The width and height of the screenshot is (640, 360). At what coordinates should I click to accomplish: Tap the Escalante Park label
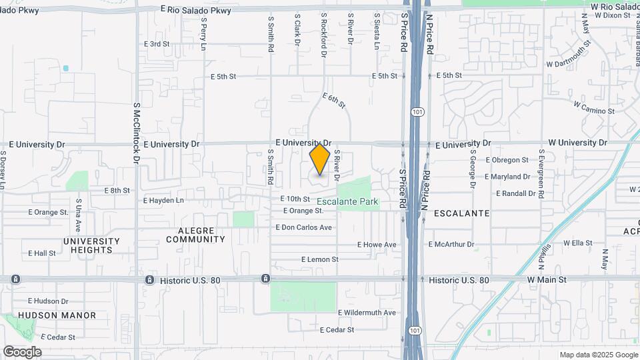click(347, 201)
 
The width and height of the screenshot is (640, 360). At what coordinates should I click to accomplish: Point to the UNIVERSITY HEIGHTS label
click(91, 245)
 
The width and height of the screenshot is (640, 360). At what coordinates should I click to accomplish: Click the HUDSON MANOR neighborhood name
click(57, 315)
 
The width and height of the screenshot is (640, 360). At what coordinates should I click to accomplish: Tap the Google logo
click(22, 352)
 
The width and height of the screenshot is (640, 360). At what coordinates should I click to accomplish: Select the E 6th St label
click(334, 101)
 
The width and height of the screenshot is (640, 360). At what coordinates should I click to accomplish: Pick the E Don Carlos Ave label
click(304, 227)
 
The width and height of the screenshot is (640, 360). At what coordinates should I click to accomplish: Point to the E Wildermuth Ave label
click(367, 312)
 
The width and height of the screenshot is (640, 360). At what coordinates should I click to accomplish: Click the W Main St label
click(547, 280)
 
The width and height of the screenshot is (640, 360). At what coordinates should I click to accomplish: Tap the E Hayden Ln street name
click(163, 200)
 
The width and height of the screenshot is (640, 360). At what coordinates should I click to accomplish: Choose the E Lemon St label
click(320, 259)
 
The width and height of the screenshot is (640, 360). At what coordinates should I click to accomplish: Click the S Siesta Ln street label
click(377, 31)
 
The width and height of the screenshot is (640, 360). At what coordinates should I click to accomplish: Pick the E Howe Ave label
click(377, 245)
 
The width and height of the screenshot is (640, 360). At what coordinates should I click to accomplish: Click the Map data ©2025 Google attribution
click(598, 355)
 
